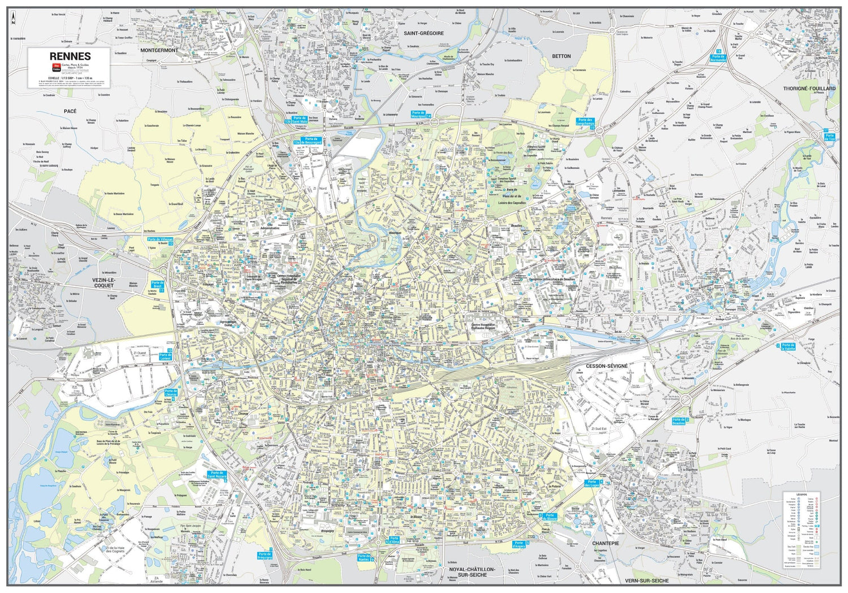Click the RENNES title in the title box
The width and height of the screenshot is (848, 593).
(70, 56)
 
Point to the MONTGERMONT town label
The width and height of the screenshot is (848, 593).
(159, 50)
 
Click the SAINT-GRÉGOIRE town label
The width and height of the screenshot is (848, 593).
(423, 33)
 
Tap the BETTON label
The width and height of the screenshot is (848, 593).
(561, 56)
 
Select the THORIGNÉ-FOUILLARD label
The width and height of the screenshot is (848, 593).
(809, 89)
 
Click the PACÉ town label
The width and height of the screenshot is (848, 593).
(70, 111)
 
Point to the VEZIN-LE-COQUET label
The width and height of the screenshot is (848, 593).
(103, 282)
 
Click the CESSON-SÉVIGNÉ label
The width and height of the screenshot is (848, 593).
(607, 366)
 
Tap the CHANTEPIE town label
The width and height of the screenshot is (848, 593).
(605, 543)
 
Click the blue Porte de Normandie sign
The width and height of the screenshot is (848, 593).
(718, 58)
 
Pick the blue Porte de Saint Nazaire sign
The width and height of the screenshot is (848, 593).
(217, 475)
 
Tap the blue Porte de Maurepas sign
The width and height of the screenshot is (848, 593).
(418, 115)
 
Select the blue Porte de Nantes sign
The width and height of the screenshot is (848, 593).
(364, 557)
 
